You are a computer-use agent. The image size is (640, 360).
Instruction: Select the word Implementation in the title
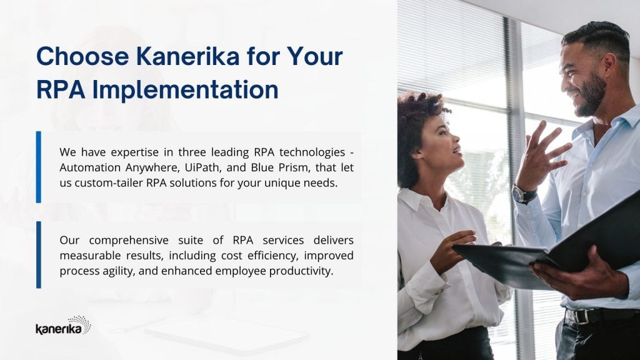tap(185, 89)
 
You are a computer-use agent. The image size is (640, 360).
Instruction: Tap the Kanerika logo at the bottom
tap(63, 325)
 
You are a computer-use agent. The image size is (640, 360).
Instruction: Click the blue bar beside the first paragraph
tap(38, 167)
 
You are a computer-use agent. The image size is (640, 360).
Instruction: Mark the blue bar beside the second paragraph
tap(38, 255)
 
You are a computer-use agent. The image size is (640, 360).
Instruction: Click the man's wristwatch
tap(524, 194)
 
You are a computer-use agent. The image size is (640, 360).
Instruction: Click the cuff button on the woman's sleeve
tap(439, 292)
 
